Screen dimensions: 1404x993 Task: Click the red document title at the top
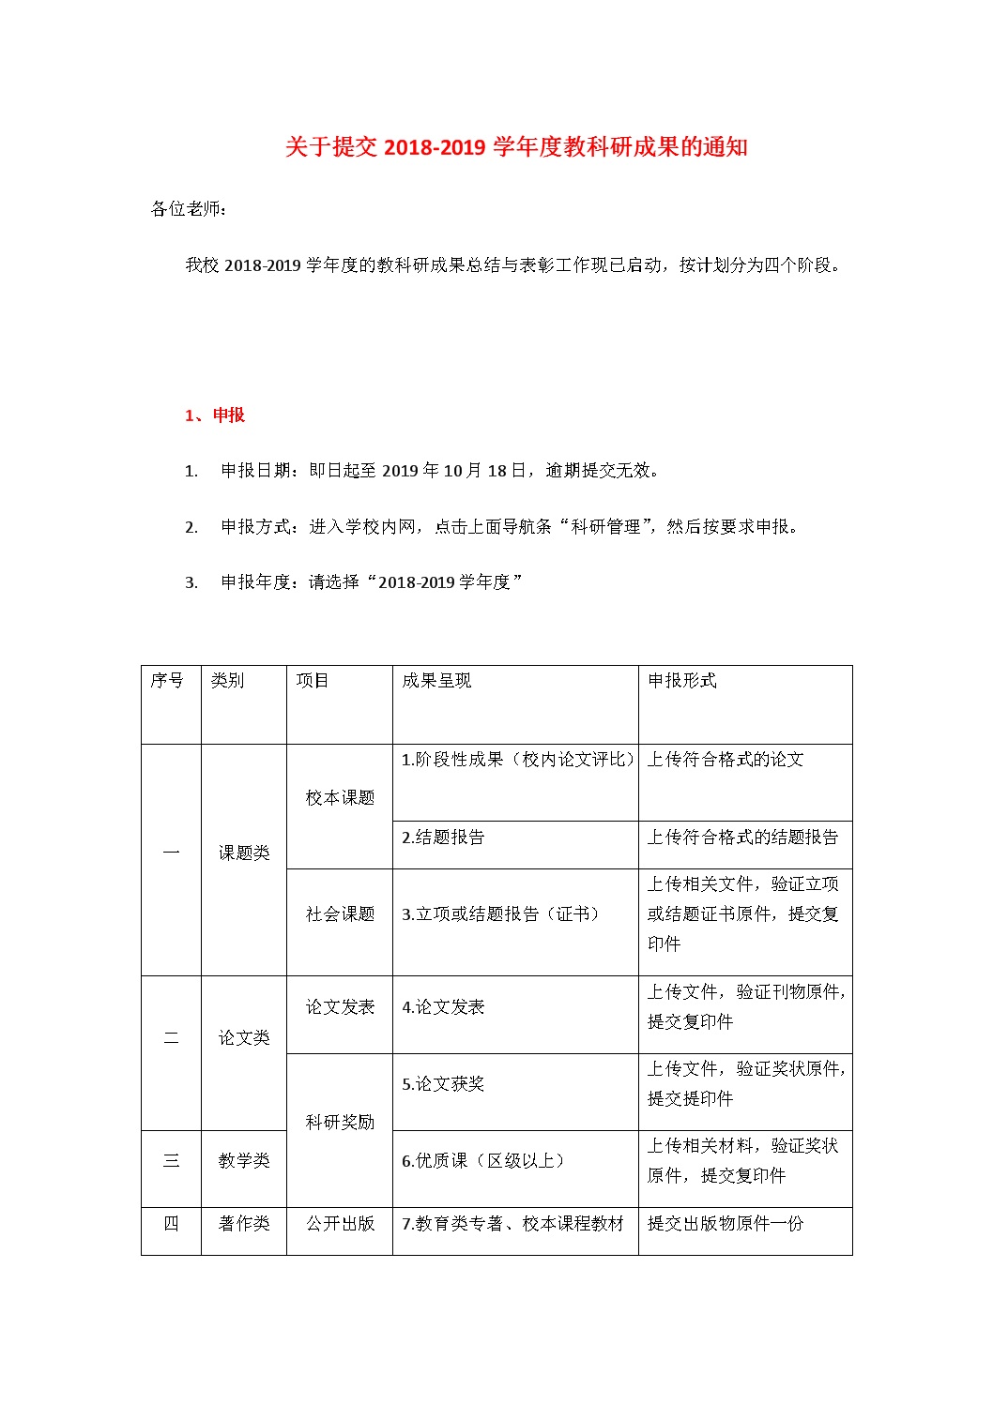pos(516,147)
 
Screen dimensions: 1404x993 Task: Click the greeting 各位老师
pos(188,208)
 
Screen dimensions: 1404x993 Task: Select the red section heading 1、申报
pos(215,415)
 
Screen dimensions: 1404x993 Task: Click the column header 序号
pos(167,681)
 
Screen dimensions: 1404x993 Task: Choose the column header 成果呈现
pos(436,681)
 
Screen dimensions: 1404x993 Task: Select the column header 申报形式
pos(682,681)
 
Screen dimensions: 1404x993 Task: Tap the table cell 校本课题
pos(340,798)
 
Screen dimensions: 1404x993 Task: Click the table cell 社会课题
pos(340,914)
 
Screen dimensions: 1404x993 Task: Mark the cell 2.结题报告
pos(443,838)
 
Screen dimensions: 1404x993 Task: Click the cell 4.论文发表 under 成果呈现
pos(443,1007)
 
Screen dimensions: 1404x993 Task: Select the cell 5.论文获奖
pos(443,1084)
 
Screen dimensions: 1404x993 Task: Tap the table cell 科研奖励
pos(340,1123)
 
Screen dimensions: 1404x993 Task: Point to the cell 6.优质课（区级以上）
pos(484,1161)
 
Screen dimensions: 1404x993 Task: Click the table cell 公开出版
pos(340,1224)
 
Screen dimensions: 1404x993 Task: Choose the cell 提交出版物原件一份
pos(726,1224)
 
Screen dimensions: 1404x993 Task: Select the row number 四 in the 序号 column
pos(171,1224)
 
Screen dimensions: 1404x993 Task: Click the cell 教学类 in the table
pos(244,1161)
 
